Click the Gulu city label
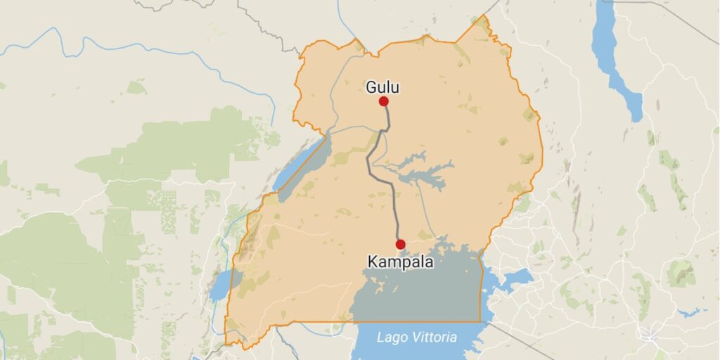point(382,87)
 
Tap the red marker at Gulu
point(384,101)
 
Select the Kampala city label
point(400,262)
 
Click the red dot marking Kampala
point(401,245)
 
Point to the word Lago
point(391,337)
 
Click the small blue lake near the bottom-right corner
point(693,311)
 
